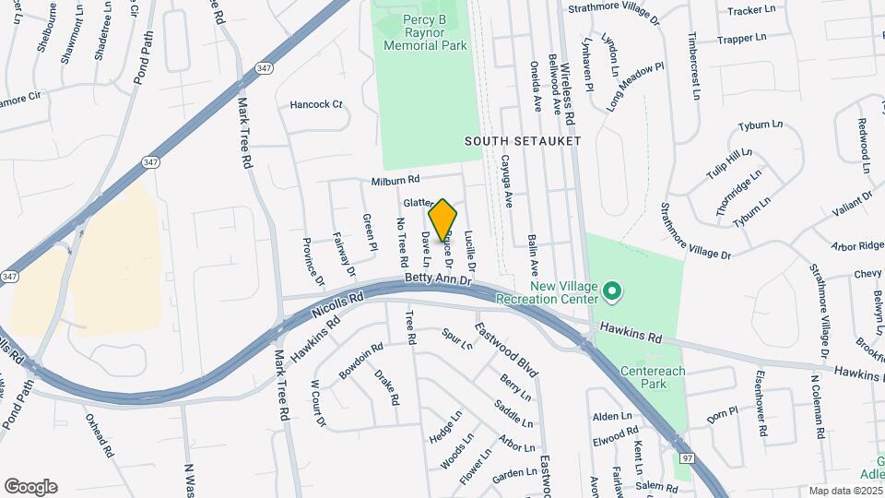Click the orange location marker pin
tap(442, 219)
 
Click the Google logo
tap(30, 487)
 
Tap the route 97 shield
tap(687, 458)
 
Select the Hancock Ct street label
tap(316, 105)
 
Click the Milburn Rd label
tap(395, 182)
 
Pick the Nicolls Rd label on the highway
tap(337, 302)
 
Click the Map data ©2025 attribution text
tap(845, 491)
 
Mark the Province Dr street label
tap(313, 259)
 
